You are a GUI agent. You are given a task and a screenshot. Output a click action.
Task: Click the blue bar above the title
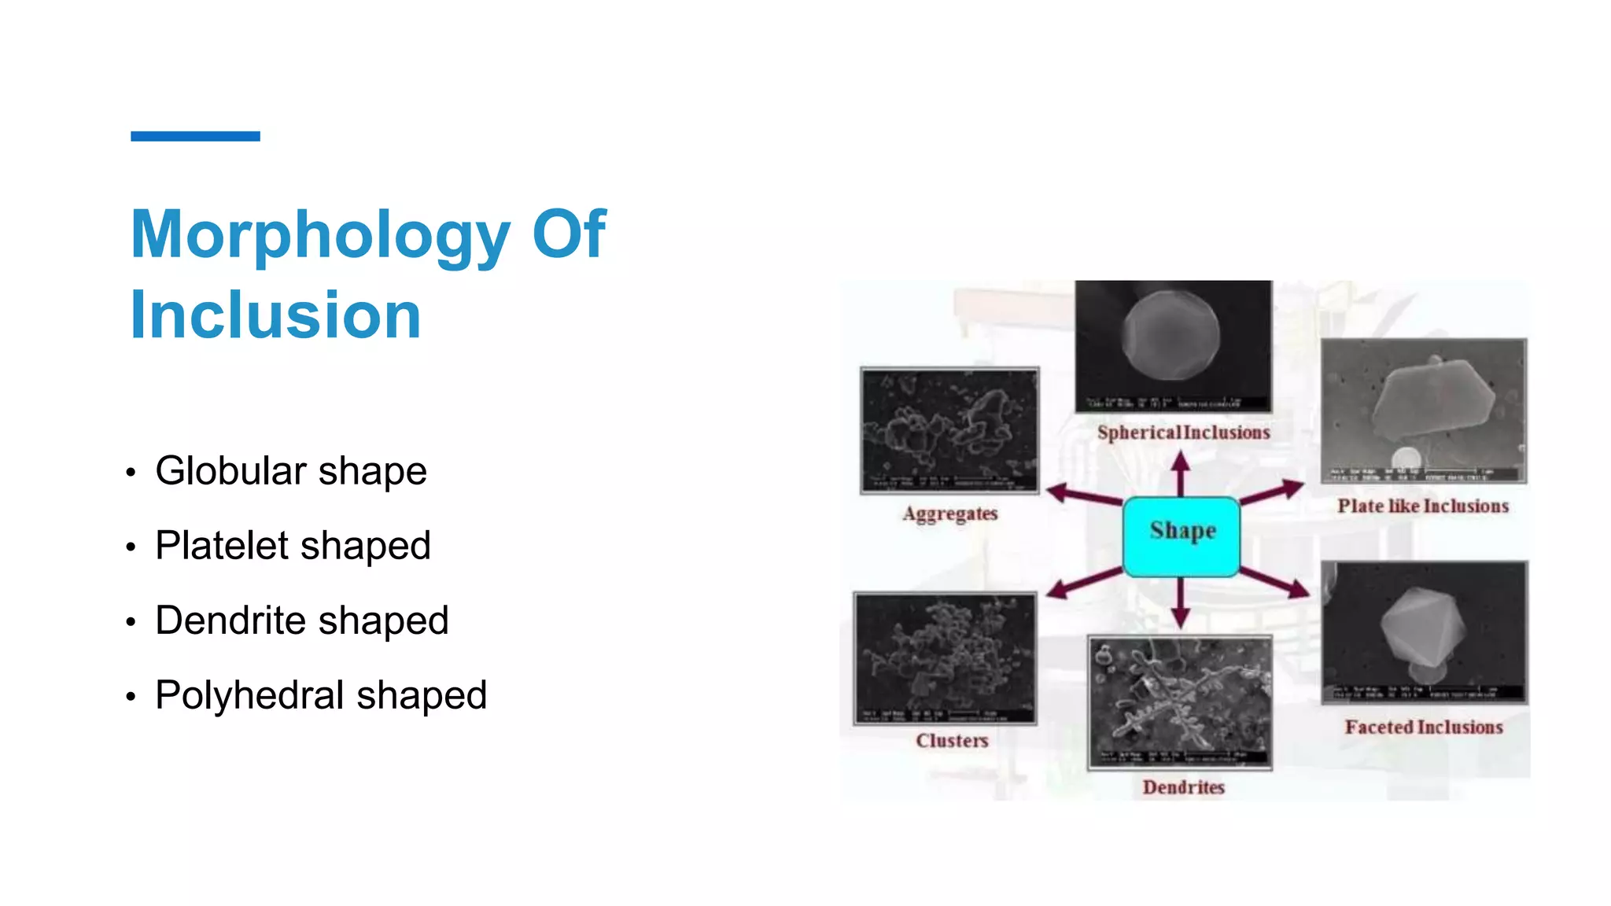click(x=195, y=136)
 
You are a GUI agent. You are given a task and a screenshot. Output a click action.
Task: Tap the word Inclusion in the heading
click(x=275, y=315)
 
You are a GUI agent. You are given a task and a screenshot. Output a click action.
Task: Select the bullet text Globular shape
click(x=290, y=471)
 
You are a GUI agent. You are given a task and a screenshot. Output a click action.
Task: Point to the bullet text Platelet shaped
click(x=293, y=546)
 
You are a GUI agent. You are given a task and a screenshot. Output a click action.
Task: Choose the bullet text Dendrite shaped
click(x=301, y=621)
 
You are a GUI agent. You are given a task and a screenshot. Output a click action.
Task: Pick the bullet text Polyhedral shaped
click(x=321, y=695)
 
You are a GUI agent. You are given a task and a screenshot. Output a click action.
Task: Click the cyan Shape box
click(x=1182, y=536)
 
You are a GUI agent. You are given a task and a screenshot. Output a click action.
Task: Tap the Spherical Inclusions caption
click(x=1183, y=433)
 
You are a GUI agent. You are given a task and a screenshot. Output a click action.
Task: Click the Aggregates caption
click(x=950, y=514)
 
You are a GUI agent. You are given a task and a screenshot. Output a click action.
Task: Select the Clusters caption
click(x=952, y=740)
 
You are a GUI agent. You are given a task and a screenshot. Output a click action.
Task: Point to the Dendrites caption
click(x=1183, y=787)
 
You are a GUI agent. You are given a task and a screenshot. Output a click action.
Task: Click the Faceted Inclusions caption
click(x=1423, y=727)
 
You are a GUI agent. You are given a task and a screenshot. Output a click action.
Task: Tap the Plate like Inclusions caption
click(x=1422, y=506)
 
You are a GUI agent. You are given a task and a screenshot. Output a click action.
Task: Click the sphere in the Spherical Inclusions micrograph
click(x=1170, y=336)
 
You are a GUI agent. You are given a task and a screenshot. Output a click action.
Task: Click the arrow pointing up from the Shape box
click(x=1180, y=473)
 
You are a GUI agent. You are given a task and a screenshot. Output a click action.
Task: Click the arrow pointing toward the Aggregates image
click(x=1082, y=495)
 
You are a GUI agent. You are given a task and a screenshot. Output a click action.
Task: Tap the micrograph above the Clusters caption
click(x=945, y=658)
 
